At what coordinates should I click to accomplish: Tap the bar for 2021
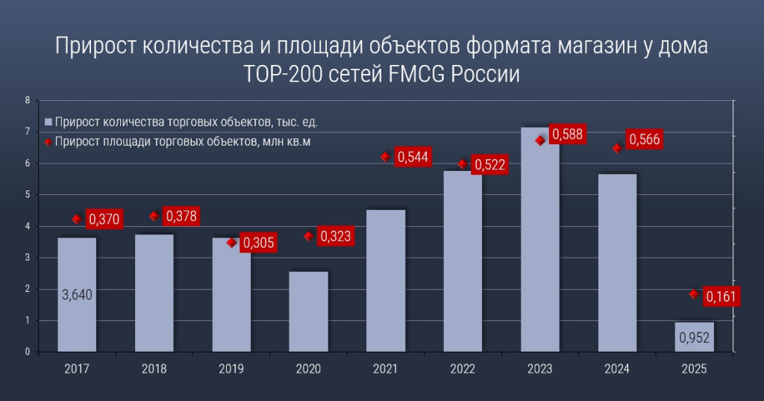pos(386,280)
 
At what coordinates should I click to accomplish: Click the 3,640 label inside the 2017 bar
pos(77,294)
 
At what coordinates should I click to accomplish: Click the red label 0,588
pos(567,134)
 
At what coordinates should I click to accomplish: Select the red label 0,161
pos(721,297)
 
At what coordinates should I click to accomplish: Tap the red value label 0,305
pos(257,243)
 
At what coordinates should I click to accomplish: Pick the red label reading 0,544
pos(413,157)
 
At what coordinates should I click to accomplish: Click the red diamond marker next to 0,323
pos(308,236)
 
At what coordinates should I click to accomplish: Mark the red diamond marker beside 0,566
pos(616,148)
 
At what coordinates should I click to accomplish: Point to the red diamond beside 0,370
pos(76,219)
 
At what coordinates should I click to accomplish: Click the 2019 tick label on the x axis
pos(231,369)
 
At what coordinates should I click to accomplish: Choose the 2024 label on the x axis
pos(617,369)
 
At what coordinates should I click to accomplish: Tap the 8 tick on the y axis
pos(27,100)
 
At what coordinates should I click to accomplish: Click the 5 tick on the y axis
pos(27,195)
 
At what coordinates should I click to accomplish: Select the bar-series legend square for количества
pos(48,122)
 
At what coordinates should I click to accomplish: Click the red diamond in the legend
pos(48,141)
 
